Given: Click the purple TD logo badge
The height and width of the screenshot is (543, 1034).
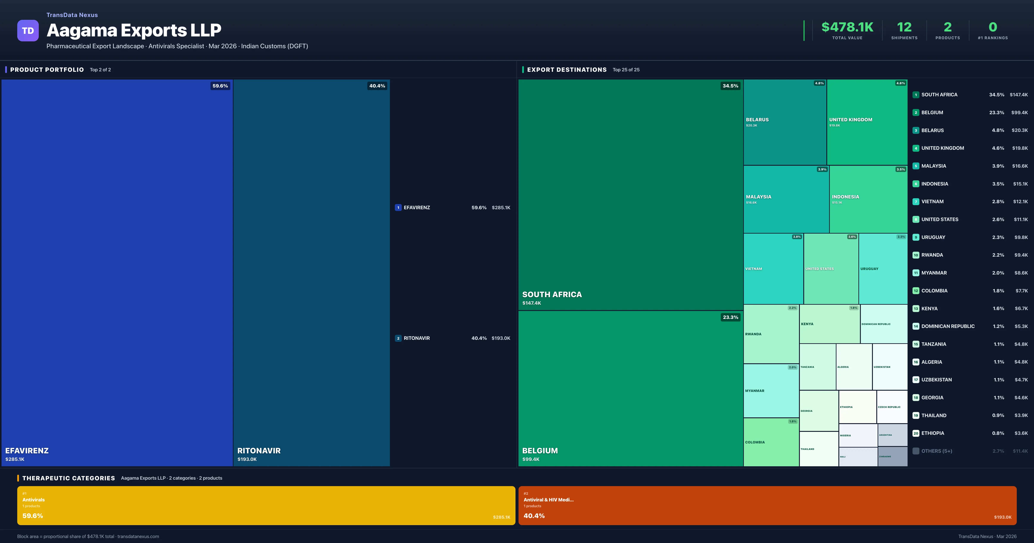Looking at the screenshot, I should (28, 31).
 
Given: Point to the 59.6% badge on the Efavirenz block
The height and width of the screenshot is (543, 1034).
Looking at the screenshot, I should (220, 86).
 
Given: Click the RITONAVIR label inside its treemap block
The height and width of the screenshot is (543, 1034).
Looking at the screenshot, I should (259, 451).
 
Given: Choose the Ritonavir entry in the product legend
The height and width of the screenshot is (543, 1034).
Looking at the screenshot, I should (417, 338).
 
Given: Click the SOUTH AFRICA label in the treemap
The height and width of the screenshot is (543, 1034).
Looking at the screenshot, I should (552, 294).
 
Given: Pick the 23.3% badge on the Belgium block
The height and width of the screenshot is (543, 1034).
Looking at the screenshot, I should (730, 317).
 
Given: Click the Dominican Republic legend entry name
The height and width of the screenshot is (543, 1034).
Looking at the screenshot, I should (948, 326).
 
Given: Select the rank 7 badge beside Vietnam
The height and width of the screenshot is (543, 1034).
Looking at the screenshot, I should (916, 202).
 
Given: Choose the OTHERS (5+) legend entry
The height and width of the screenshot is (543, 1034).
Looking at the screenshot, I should (936, 451).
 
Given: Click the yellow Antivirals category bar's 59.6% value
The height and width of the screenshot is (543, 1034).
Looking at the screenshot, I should (33, 516).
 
